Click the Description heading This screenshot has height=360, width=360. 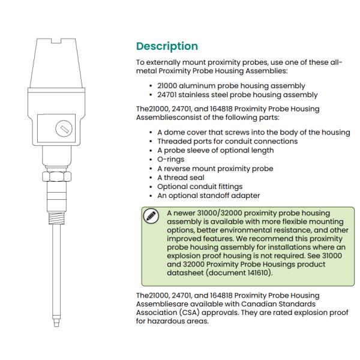pos(167,46)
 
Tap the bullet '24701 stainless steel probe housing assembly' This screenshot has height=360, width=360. pos(237,94)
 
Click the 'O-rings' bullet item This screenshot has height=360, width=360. pos(171,159)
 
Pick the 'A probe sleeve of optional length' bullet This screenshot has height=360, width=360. pos(215,150)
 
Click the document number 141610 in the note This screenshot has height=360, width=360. pos(259,272)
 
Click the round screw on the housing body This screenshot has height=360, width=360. pos(62,128)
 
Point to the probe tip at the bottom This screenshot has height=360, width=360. pos(57,321)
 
